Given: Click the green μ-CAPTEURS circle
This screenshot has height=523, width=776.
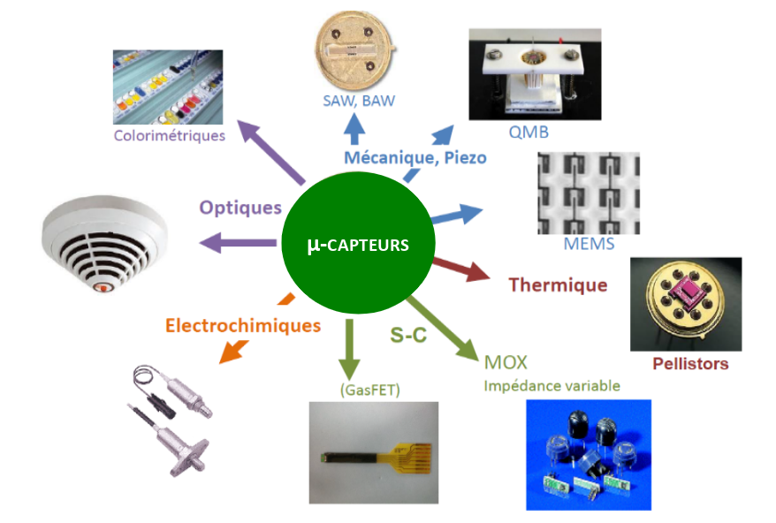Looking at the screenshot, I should pyautogui.click(x=357, y=244).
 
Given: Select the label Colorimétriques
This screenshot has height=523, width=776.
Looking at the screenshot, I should pyautogui.click(x=170, y=135).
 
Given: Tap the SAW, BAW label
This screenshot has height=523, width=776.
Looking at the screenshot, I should pyautogui.click(x=358, y=101).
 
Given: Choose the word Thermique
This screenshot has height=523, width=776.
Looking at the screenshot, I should pyautogui.click(x=558, y=284).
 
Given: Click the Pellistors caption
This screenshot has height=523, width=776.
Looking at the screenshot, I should pyautogui.click(x=690, y=363).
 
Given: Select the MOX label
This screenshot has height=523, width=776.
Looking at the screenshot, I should pyautogui.click(x=506, y=362).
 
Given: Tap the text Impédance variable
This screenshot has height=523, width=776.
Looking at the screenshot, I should pyautogui.click(x=552, y=385).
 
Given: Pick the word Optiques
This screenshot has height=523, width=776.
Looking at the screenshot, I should pyautogui.click(x=240, y=208).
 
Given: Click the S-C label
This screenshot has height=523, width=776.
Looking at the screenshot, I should pyautogui.click(x=410, y=335).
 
